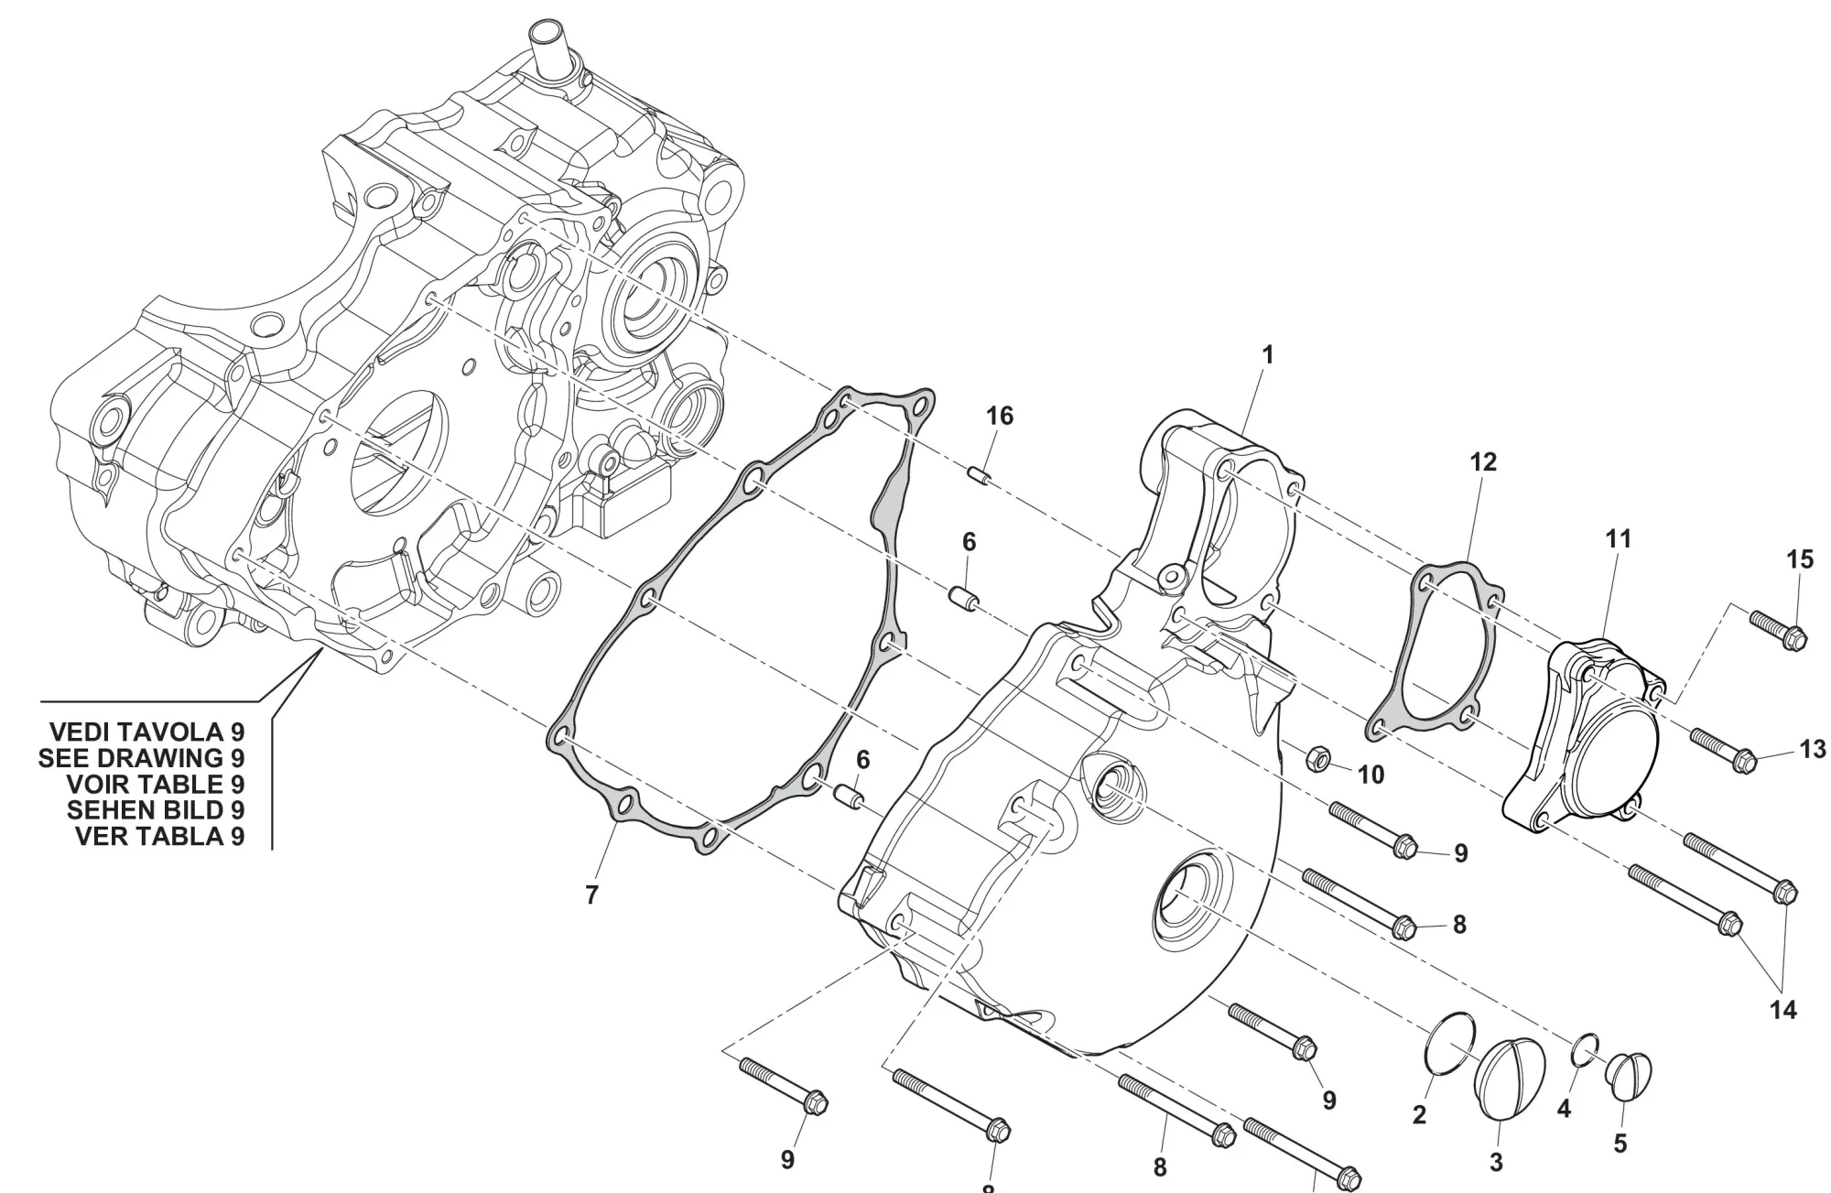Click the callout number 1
click(x=1268, y=354)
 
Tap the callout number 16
click(x=1000, y=417)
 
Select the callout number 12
click(x=1483, y=462)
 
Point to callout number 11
click(x=1619, y=539)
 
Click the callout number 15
click(x=1800, y=559)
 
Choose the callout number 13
click(x=1813, y=750)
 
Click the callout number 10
click(x=1371, y=775)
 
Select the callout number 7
click(x=591, y=895)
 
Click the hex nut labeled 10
click(x=1316, y=757)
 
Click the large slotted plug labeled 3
click(x=1509, y=1079)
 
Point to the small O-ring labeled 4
click(x=1586, y=1052)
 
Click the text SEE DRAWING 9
click(x=142, y=758)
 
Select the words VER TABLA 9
click(x=160, y=836)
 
